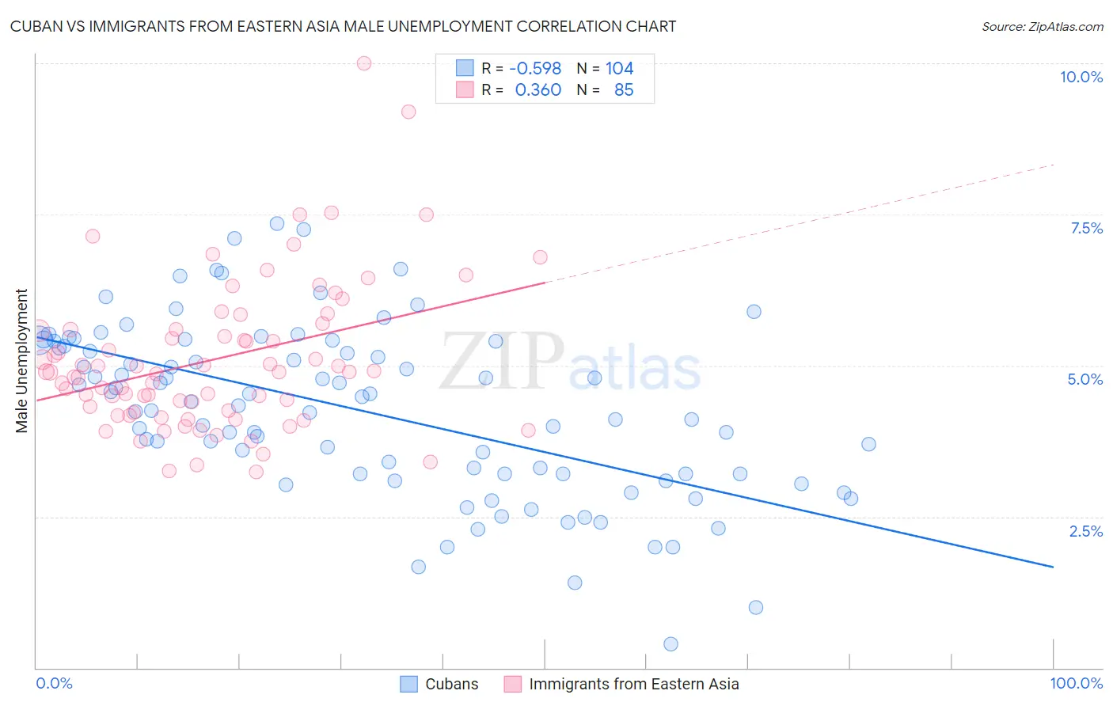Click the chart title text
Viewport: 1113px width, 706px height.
(x=343, y=26)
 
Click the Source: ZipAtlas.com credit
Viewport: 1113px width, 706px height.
(x=1042, y=26)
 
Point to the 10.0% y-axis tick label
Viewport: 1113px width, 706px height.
(x=1081, y=77)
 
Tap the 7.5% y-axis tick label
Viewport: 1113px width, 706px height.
(x=1086, y=228)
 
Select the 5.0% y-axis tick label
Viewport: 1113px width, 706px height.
(x=1085, y=379)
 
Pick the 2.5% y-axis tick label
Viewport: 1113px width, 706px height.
(x=1085, y=531)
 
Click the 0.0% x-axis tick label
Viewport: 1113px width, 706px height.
(x=54, y=683)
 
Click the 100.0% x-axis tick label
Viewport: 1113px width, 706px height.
(x=1076, y=683)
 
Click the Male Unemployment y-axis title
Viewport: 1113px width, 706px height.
(x=22, y=361)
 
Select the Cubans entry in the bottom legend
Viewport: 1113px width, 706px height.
(x=451, y=684)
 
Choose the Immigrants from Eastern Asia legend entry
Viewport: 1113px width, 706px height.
(x=633, y=684)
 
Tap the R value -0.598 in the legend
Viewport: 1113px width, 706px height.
(x=535, y=69)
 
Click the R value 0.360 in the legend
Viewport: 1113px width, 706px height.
(x=538, y=90)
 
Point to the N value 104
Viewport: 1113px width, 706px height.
(x=619, y=69)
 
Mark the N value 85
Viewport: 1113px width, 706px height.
(x=624, y=90)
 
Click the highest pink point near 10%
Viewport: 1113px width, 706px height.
(x=364, y=63)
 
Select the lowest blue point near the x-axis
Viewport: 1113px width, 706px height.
(x=670, y=644)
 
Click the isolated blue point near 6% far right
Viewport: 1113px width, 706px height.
(x=754, y=312)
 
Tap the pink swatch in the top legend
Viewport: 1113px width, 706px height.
(x=465, y=90)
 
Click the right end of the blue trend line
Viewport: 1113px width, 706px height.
(x=1053, y=567)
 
